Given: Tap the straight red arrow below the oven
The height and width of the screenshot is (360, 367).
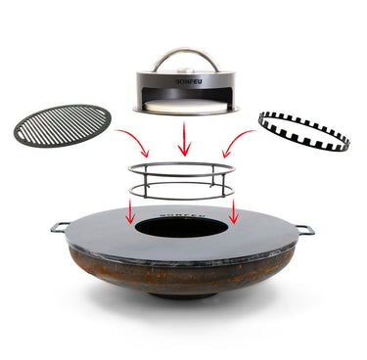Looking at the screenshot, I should [183, 139].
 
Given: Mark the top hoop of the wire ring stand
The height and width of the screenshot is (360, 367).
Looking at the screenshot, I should [182, 168].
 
